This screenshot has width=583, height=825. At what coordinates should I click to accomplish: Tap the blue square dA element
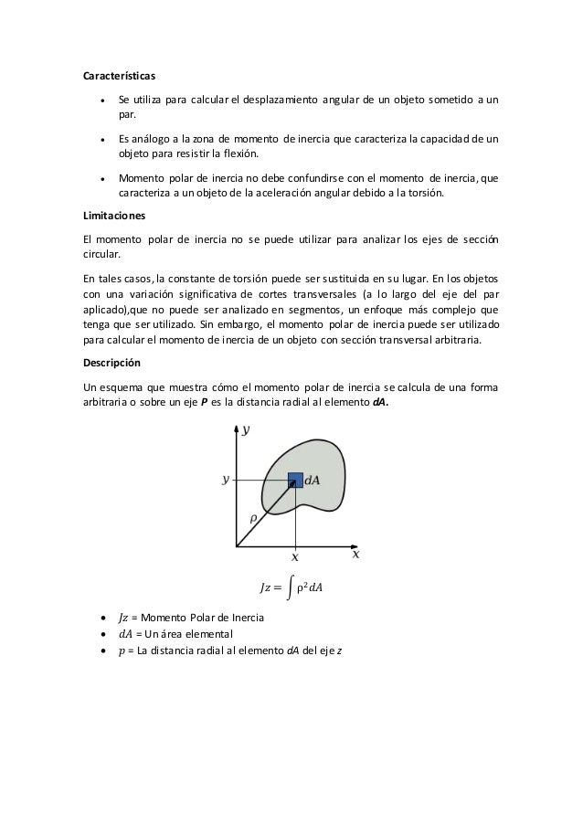[x=295, y=480]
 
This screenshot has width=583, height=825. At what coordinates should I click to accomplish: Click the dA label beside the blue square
[x=312, y=481]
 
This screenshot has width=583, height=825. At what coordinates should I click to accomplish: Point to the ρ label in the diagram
[x=253, y=518]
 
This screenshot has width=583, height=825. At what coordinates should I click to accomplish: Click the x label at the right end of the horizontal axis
[x=355, y=554]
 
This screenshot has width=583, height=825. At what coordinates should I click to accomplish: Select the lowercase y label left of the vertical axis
[x=226, y=478]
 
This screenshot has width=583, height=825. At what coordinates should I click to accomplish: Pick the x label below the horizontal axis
[x=294, y=555]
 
